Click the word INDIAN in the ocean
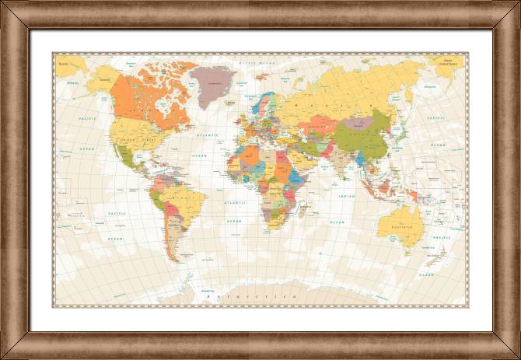coord(347,197)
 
